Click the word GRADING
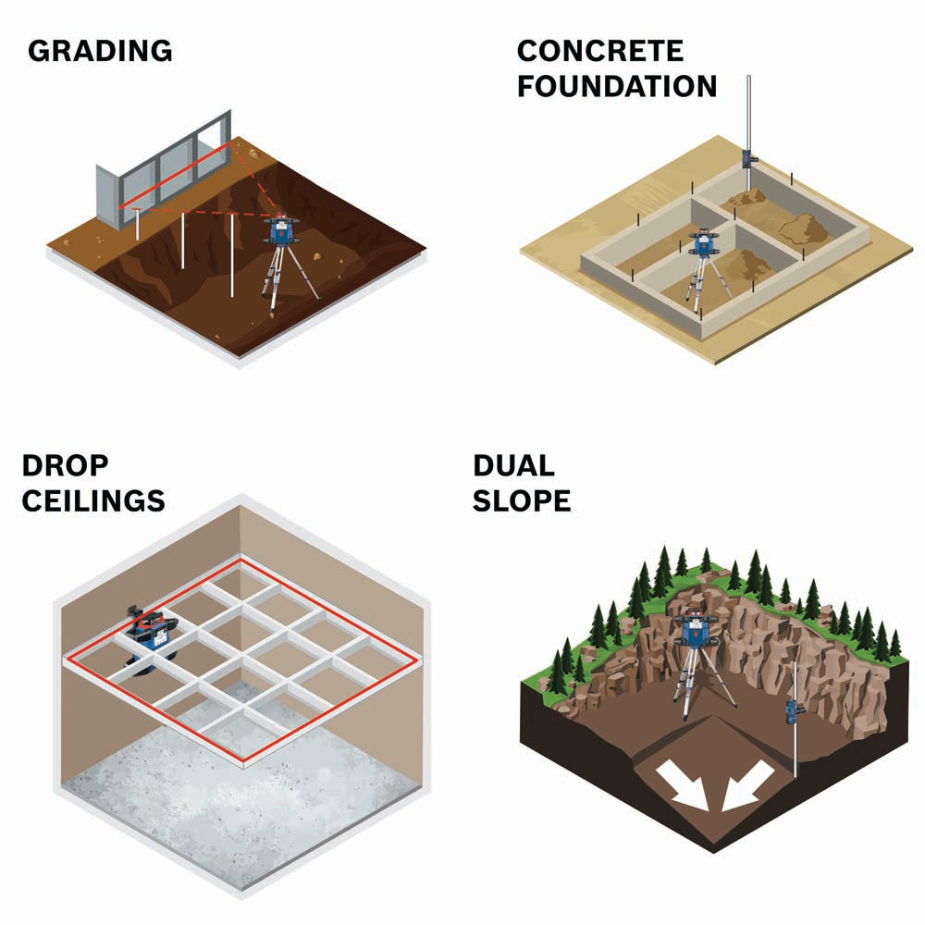click(x=100, y=51)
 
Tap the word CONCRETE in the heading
click(x=600, y=51)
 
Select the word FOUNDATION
click(x=617, y=86)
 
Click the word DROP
click(x=65, y=465)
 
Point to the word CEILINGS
click(x=93, y=500)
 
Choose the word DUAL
click(x=513, y=465)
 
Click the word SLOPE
click(x=522, y=500)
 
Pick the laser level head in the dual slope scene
click(x=697, y=629)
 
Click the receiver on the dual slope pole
click(x=793, y=711)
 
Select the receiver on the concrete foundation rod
click(x=748, y=159)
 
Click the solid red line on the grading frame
click(x=175, y=175)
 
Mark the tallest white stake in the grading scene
click(x=232, y=255)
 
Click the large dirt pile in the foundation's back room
click(x=803, y=228)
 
